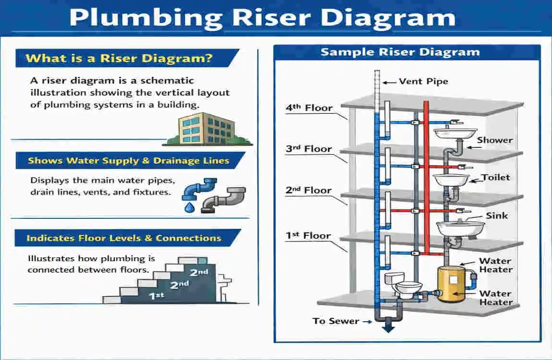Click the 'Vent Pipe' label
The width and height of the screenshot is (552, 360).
click(423, 82)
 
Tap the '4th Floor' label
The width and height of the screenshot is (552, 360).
click(308, 108)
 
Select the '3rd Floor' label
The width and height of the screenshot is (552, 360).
click(308, 149)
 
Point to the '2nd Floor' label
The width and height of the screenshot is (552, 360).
click(308, 191)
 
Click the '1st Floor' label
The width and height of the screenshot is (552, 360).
click(308, 236)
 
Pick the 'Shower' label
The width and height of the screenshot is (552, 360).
click(494, 140)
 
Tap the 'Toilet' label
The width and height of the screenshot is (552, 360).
click(496, 177)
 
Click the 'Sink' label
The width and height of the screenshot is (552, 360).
click(497, 216)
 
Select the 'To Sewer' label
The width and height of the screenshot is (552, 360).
click(336, 321)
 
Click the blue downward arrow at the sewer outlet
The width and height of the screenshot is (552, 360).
click(388, 327)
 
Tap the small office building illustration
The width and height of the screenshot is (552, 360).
click(206, 129)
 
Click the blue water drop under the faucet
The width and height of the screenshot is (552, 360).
click(189, 207)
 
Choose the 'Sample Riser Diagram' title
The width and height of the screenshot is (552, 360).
click(400, 52)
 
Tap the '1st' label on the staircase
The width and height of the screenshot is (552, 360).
click(156, 296)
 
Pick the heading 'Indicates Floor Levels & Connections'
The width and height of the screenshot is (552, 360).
click(124, 238)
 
